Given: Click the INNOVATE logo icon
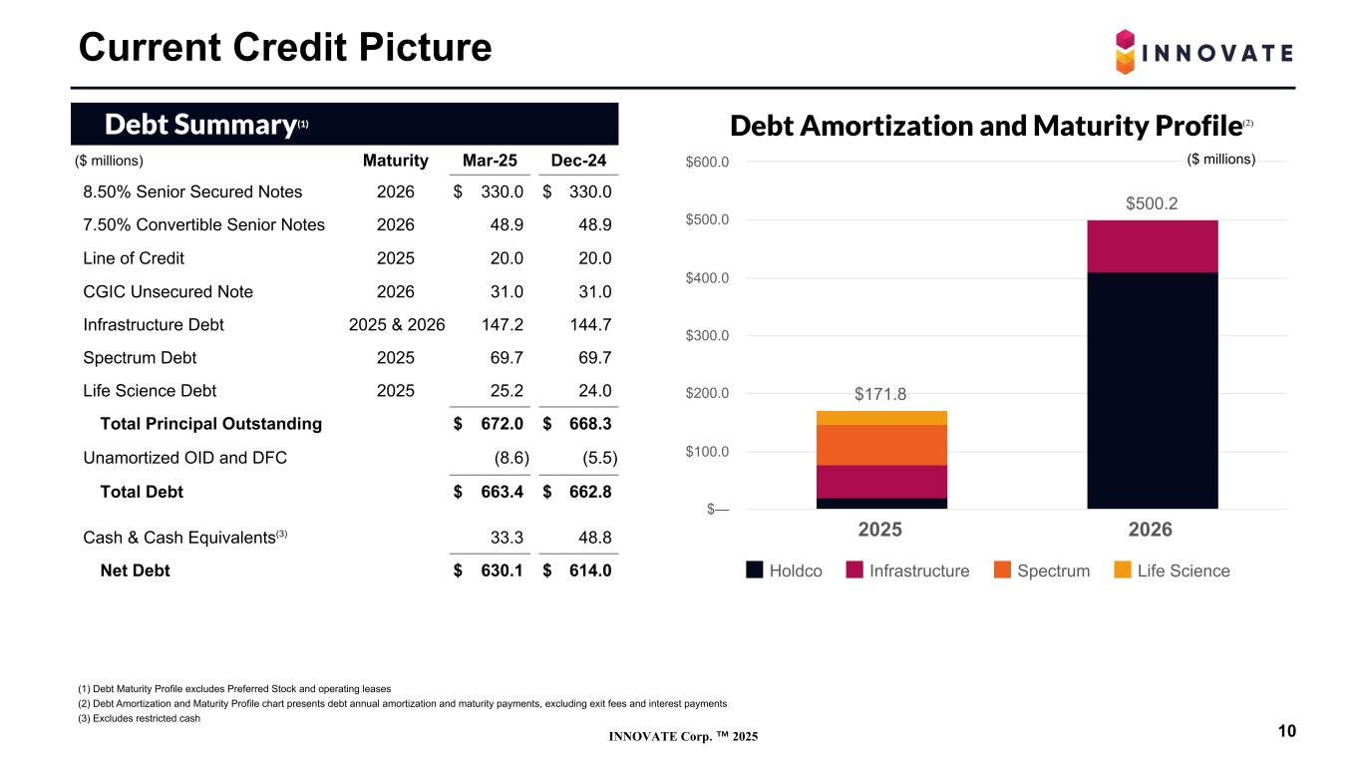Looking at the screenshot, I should [x=1125, y=51].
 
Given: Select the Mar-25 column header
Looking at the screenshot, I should [x=490, y=161].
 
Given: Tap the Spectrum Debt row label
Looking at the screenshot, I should [x=140, y=357].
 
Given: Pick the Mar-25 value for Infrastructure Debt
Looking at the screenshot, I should [x=503, y=324].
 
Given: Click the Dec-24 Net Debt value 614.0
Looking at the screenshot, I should [x=589, y=571].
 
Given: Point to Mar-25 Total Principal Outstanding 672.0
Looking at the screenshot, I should [x=502, y=423].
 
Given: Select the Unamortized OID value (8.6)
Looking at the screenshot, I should [x=510, y=459].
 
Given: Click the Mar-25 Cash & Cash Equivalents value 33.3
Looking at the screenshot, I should [x=509, y=538].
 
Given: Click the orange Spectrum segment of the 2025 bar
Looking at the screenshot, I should [x=881, y=445].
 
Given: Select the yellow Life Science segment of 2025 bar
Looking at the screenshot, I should [x=881, y=417].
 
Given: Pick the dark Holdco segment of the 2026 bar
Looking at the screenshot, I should [x=1152, y=389].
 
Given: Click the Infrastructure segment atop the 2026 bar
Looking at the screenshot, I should [x=1152, y=245].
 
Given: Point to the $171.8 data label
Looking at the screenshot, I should [x=880, y=394].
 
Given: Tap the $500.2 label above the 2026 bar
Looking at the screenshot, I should [x=1152, y=203].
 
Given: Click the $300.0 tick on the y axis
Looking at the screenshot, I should [x=708, y=335].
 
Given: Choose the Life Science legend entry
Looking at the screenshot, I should [x=1172, y=571].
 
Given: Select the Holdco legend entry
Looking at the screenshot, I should [x=785, y=571].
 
